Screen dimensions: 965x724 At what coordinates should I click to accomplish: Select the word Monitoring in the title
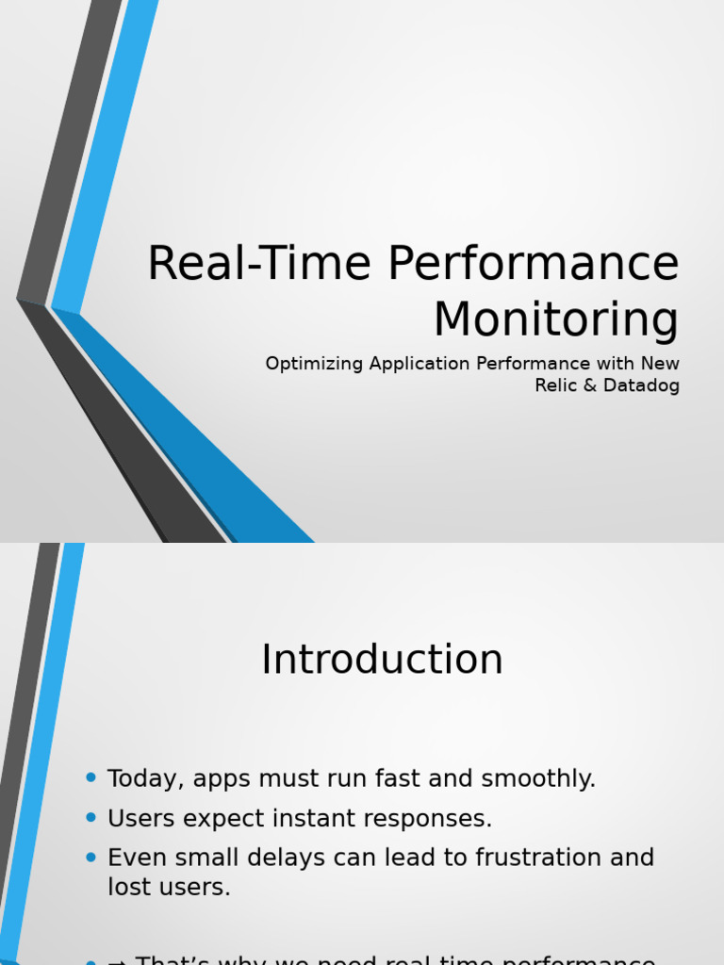556,319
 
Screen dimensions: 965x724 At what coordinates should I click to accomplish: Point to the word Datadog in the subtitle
642,385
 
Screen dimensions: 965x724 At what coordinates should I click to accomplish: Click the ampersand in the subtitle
586,385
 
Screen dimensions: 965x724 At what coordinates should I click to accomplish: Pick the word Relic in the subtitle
555,385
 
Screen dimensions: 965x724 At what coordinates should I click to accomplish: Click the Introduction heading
382,660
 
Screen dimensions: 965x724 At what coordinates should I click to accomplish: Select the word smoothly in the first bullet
538,779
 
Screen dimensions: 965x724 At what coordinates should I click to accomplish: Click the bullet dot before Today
90,777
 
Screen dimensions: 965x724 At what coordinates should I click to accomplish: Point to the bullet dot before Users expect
90,817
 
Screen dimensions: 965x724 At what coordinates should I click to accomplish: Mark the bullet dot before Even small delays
90,857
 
